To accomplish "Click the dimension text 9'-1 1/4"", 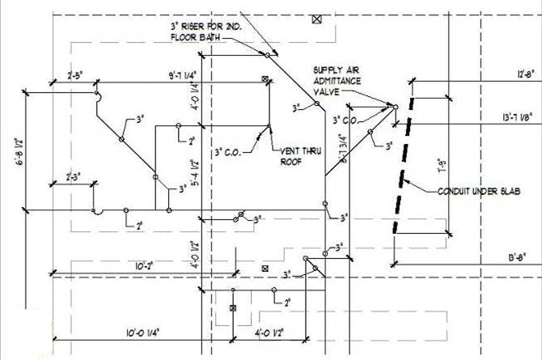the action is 185,74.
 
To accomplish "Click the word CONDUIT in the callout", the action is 456,191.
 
